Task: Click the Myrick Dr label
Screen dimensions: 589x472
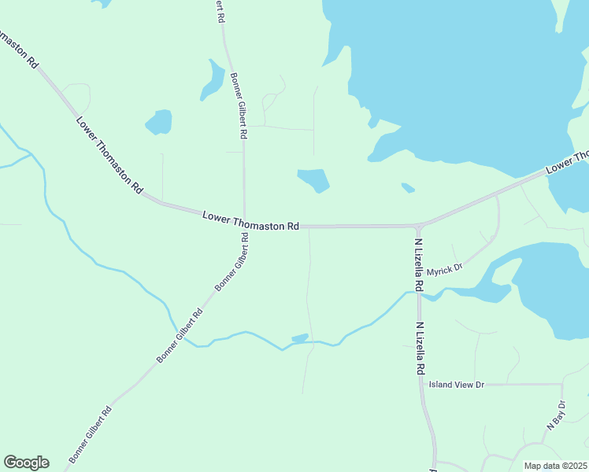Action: (x=444, y=270)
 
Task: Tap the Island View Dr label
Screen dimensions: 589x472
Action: (x=456, y=385)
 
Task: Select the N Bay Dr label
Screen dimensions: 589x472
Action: (x=556, y=415)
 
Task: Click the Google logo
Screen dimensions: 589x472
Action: (x=26, y=463)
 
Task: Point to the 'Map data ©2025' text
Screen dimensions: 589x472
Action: (x=555, y=466)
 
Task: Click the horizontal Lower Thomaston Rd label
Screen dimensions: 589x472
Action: (x=250, y=220)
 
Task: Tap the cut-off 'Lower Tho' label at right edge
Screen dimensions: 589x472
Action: (x=568, y=163)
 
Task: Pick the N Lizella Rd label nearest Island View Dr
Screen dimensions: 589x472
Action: (x=420, y=348)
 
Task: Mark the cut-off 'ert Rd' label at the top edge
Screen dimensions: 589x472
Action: (x=220, y=11)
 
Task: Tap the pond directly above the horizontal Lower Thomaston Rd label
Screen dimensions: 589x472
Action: (x=313, y=180)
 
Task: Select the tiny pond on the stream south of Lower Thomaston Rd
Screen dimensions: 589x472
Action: (x=300, y=338)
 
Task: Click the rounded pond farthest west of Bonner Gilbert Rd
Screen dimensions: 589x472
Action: (x=158, y=122)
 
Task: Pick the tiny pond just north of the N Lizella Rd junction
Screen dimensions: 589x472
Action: (x=407, y=187)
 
